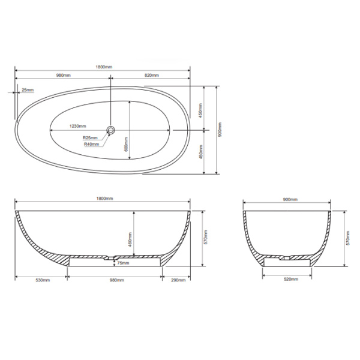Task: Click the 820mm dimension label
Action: [x=151, y=76]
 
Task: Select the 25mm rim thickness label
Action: [x=28, y=91]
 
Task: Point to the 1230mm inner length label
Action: [x=77, y=127]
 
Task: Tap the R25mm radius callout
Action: [x=91, y=138]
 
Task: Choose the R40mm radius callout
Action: [x=91, y=144]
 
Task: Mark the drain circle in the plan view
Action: [x=111, y=129]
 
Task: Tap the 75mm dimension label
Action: [x=123, y=263]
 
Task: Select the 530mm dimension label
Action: [x=42, y=280]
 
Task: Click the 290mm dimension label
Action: [x=177, y=280]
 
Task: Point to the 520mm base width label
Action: [x=287, y=280]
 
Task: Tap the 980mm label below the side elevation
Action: [x=116, y=280]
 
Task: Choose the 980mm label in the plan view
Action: [x=64, y=76]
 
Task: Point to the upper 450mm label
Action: [x=200, y=110]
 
